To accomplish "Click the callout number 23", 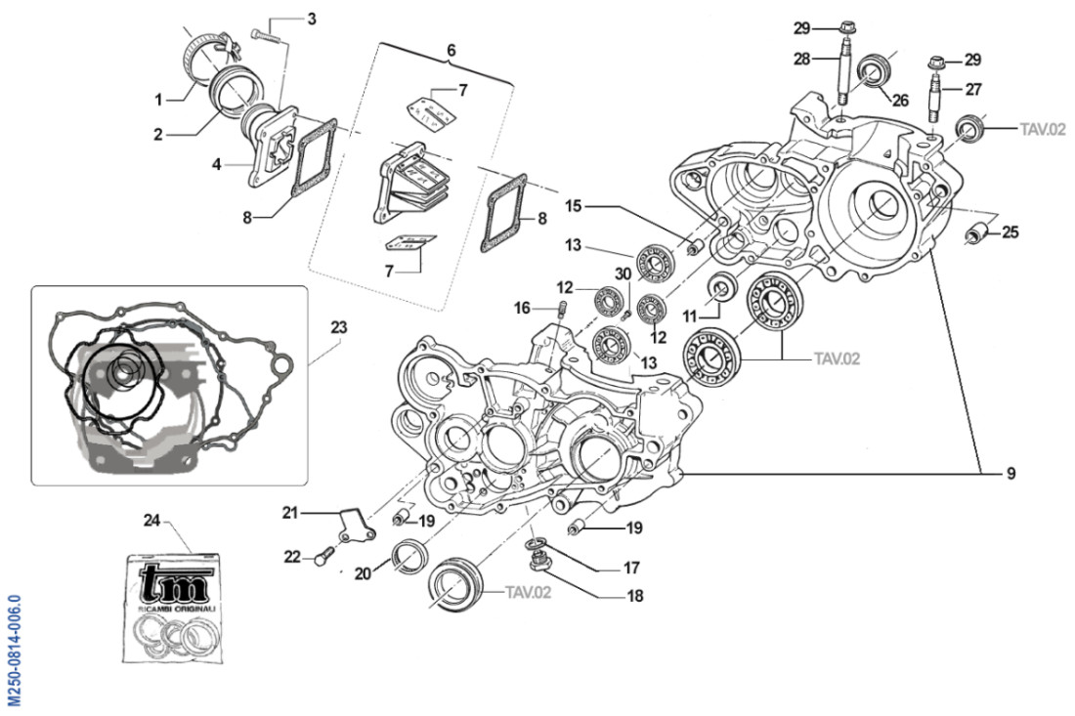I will (338, 328).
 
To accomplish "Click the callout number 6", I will (451, 50).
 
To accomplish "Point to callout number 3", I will (311, 19).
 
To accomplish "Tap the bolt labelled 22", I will (322, 558).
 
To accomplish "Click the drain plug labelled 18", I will (537, 561).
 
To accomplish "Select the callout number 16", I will (523, 309).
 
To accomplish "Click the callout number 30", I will (623, 275).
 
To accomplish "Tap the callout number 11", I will (690, 316).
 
